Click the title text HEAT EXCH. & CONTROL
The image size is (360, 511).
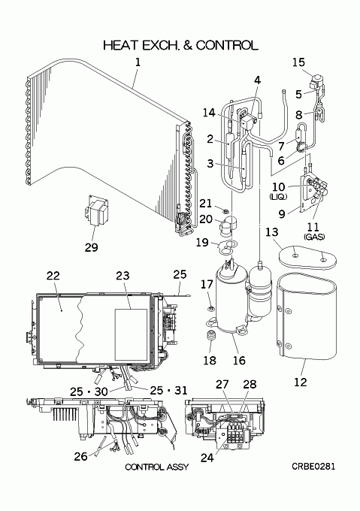[180, 45]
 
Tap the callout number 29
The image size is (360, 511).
[91, 247]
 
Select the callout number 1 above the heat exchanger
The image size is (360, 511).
[138, 62]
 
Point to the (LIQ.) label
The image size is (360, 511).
[278, 197]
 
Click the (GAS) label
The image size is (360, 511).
[313, 237]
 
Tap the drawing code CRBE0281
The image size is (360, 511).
[313, 467]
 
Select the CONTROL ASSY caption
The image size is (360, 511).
[157, 467]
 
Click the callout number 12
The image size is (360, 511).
[301, 382]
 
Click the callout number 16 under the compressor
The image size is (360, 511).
[239, 360]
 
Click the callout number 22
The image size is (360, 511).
[53, 276]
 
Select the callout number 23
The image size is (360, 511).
[123, 276]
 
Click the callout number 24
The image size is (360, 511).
[207, 458]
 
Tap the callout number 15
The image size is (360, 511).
[298, 62]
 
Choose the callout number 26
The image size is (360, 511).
[81, 456]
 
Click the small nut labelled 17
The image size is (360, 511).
[211, 307]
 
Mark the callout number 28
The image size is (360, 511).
[250, 384]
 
